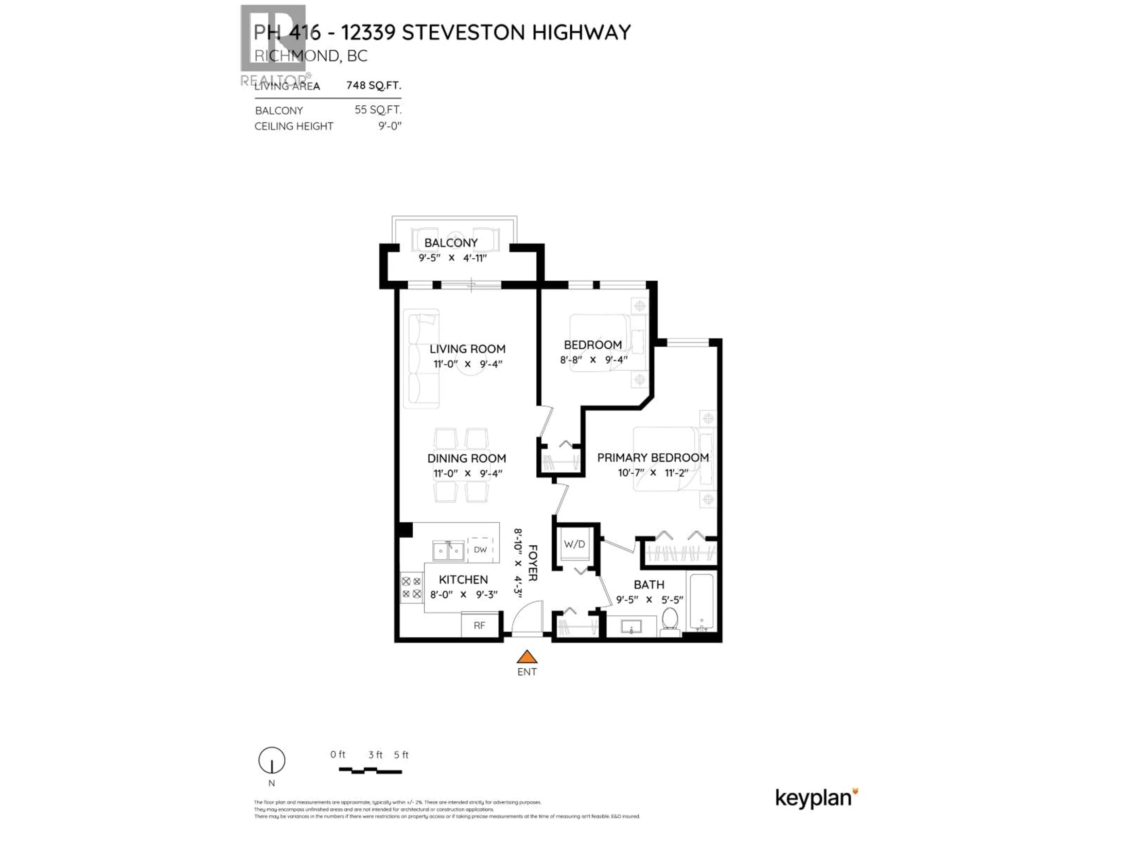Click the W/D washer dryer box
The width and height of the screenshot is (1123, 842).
tap(574, 544)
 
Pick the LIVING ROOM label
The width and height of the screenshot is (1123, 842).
tap(467, 349)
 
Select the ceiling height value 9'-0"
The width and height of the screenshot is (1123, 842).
tap(390, 126)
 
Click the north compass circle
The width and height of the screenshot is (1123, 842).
tap(272, 760)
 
